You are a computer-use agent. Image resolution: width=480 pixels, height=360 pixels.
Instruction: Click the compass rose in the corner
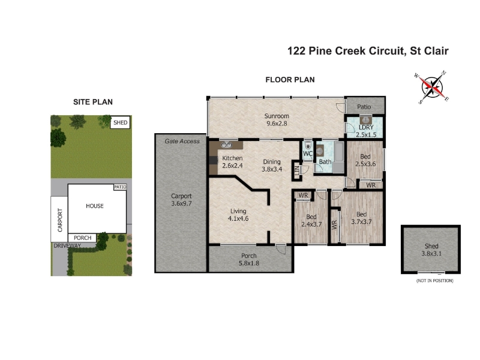tap(432, 88)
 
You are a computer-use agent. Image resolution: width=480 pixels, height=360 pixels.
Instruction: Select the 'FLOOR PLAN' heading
tap(290, 80)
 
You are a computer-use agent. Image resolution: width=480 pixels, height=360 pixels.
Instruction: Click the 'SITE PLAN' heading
tap(93, 102)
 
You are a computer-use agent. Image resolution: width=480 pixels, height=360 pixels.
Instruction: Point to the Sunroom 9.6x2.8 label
tap(277, 119)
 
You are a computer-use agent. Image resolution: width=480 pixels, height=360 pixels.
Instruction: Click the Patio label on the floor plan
tap(364, 107)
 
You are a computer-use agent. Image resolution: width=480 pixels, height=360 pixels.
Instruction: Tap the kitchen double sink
tap(226, 145)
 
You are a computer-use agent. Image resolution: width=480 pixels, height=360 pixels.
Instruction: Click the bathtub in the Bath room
tap(338, 157)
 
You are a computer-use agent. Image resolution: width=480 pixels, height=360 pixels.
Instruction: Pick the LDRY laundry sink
tap(365, 119)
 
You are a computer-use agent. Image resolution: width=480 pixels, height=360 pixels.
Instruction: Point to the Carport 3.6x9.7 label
tap(181, 200)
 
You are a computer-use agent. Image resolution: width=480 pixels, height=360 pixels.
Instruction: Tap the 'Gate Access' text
tap(182, 141)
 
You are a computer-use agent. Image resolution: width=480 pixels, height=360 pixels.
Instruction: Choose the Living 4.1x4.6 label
tap(238, 215)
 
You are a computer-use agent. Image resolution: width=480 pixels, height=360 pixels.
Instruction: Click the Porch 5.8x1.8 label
tap(249, 259)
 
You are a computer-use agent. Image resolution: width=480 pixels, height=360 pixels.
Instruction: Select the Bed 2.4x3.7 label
tap(311, 220)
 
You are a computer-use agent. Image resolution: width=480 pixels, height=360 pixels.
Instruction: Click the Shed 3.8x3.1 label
tap(431, 250)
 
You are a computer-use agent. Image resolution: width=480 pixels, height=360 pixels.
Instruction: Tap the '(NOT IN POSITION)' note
tap(434, 280)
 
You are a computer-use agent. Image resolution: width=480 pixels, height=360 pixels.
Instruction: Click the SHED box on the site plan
tap(120, 122)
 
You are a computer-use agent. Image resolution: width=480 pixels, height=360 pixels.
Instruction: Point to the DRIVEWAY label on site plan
tap(67, 245)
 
